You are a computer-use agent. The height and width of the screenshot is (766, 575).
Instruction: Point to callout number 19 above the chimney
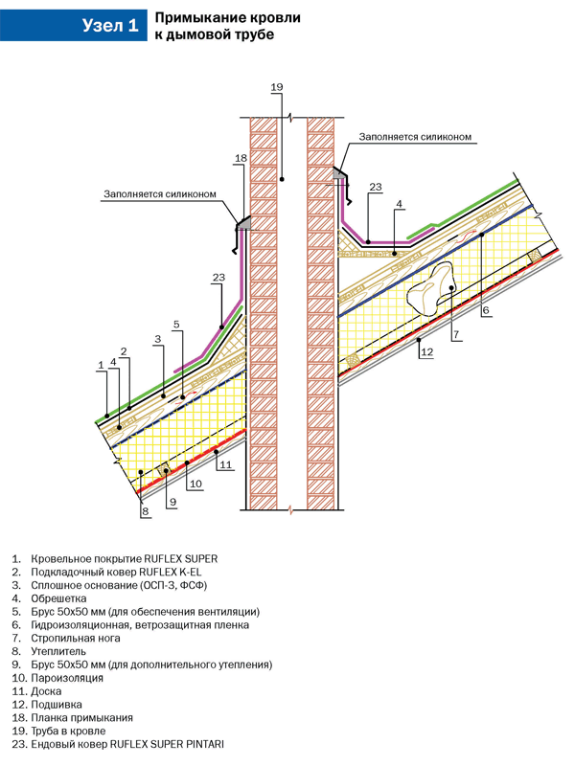(x=277, y=88)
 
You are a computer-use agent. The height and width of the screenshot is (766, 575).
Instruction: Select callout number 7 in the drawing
(x=457, y=334)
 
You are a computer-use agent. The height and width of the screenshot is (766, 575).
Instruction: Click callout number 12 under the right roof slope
(x=426, y=352)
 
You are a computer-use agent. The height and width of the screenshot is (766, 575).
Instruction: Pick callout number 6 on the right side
(x=485, y=310)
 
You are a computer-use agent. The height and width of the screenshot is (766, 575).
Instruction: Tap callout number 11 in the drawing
(x=226, y=465)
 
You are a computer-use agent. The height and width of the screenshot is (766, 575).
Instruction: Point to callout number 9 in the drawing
(x=172, y=500)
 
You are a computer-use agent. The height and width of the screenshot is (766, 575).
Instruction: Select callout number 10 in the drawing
(x=195, y=484)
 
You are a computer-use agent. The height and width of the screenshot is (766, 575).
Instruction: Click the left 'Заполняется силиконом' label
(x=160, y=193)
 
